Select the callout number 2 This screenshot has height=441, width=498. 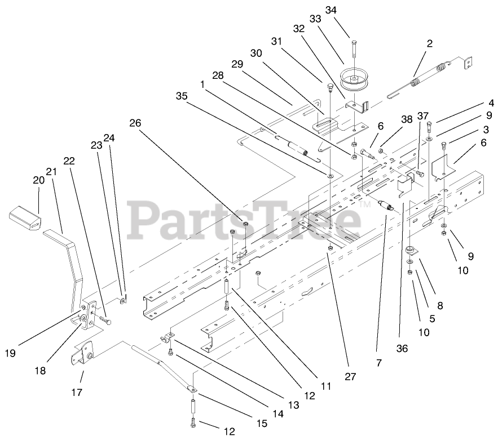click(430, 43)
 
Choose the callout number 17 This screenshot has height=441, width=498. click(77, 392)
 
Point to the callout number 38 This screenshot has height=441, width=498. click(406, 119)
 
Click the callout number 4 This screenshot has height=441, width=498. click(491, 103)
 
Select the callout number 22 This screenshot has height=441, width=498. click(69, 161)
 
